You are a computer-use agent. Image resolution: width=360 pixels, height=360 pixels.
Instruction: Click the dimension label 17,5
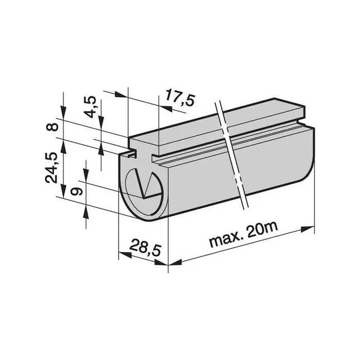(179, 98)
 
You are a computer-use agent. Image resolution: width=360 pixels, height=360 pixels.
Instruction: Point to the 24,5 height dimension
(51, 168)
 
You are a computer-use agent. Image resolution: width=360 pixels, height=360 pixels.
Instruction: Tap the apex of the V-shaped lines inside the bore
(145, 197)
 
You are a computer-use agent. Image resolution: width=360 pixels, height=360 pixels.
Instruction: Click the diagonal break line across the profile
(232, 154)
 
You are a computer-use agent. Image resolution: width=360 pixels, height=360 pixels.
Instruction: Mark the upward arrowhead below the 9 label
(85, 211)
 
